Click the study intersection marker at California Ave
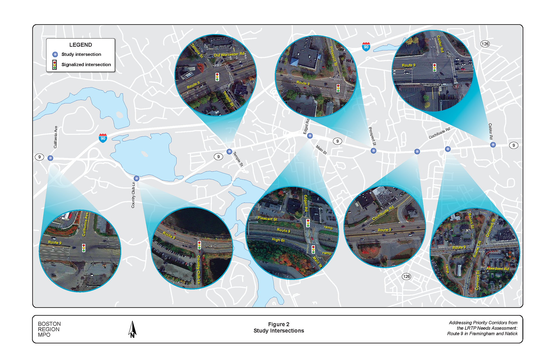(x=50, y=158)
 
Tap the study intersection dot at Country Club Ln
(x=136, y=178)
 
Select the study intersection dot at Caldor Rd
(x=493, y=145)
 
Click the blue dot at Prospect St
(x=373, y=151)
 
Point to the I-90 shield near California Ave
(x=103, y=138)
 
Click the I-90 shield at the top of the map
(x=366, y=47)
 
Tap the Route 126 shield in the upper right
(x=485, y=44)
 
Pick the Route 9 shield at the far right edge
(x=514, y=145)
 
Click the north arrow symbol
(x=132, y=329)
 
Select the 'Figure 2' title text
(x=278, y=324)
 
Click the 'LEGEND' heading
(x=81, y=45)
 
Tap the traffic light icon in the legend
(x=54, y=65)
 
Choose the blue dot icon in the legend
(x=55, y=54)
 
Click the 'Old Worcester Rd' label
(x=229, y=54)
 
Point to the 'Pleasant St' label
(x=267, y=219)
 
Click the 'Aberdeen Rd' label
(x=498, y=269)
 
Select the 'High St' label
(x=278, y=240)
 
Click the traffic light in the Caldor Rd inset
(x=435, y=67)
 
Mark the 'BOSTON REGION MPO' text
(x=49, y=329)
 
